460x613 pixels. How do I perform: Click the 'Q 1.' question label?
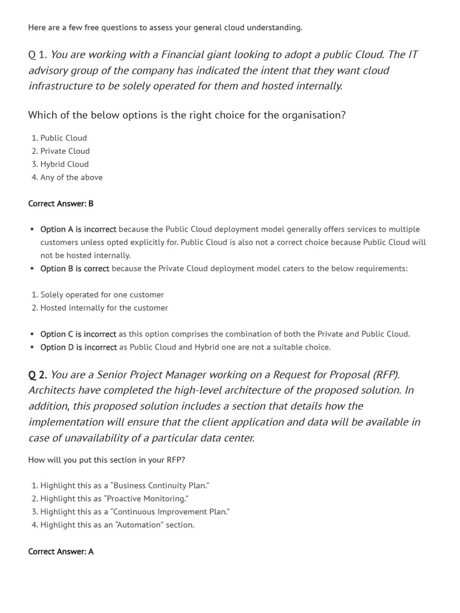(x=37, y=55)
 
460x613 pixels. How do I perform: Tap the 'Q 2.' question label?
(x=37, y=375)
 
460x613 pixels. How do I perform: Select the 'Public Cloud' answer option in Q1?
(x=63, y=138)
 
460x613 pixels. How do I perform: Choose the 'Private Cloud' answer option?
(x=65, y=151)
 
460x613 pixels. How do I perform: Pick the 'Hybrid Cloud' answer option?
(x=64, y=164)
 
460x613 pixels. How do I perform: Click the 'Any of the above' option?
(x=71, y=177)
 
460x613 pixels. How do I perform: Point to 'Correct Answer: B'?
(x=60, y=204)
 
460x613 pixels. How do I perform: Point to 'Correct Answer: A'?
(x=60, y=551)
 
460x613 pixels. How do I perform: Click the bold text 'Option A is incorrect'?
(x=78, y=229)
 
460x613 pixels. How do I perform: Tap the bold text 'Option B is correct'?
(x=74, y=269)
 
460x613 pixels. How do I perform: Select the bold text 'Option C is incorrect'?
(x=78, y=334)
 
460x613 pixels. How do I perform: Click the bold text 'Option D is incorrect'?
(x=78, y=347)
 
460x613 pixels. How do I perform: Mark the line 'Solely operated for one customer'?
(x=102, y=295)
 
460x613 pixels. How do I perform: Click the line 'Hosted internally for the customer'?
(x=104, y=308)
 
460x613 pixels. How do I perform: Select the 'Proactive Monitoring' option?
(x=114, y=499)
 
